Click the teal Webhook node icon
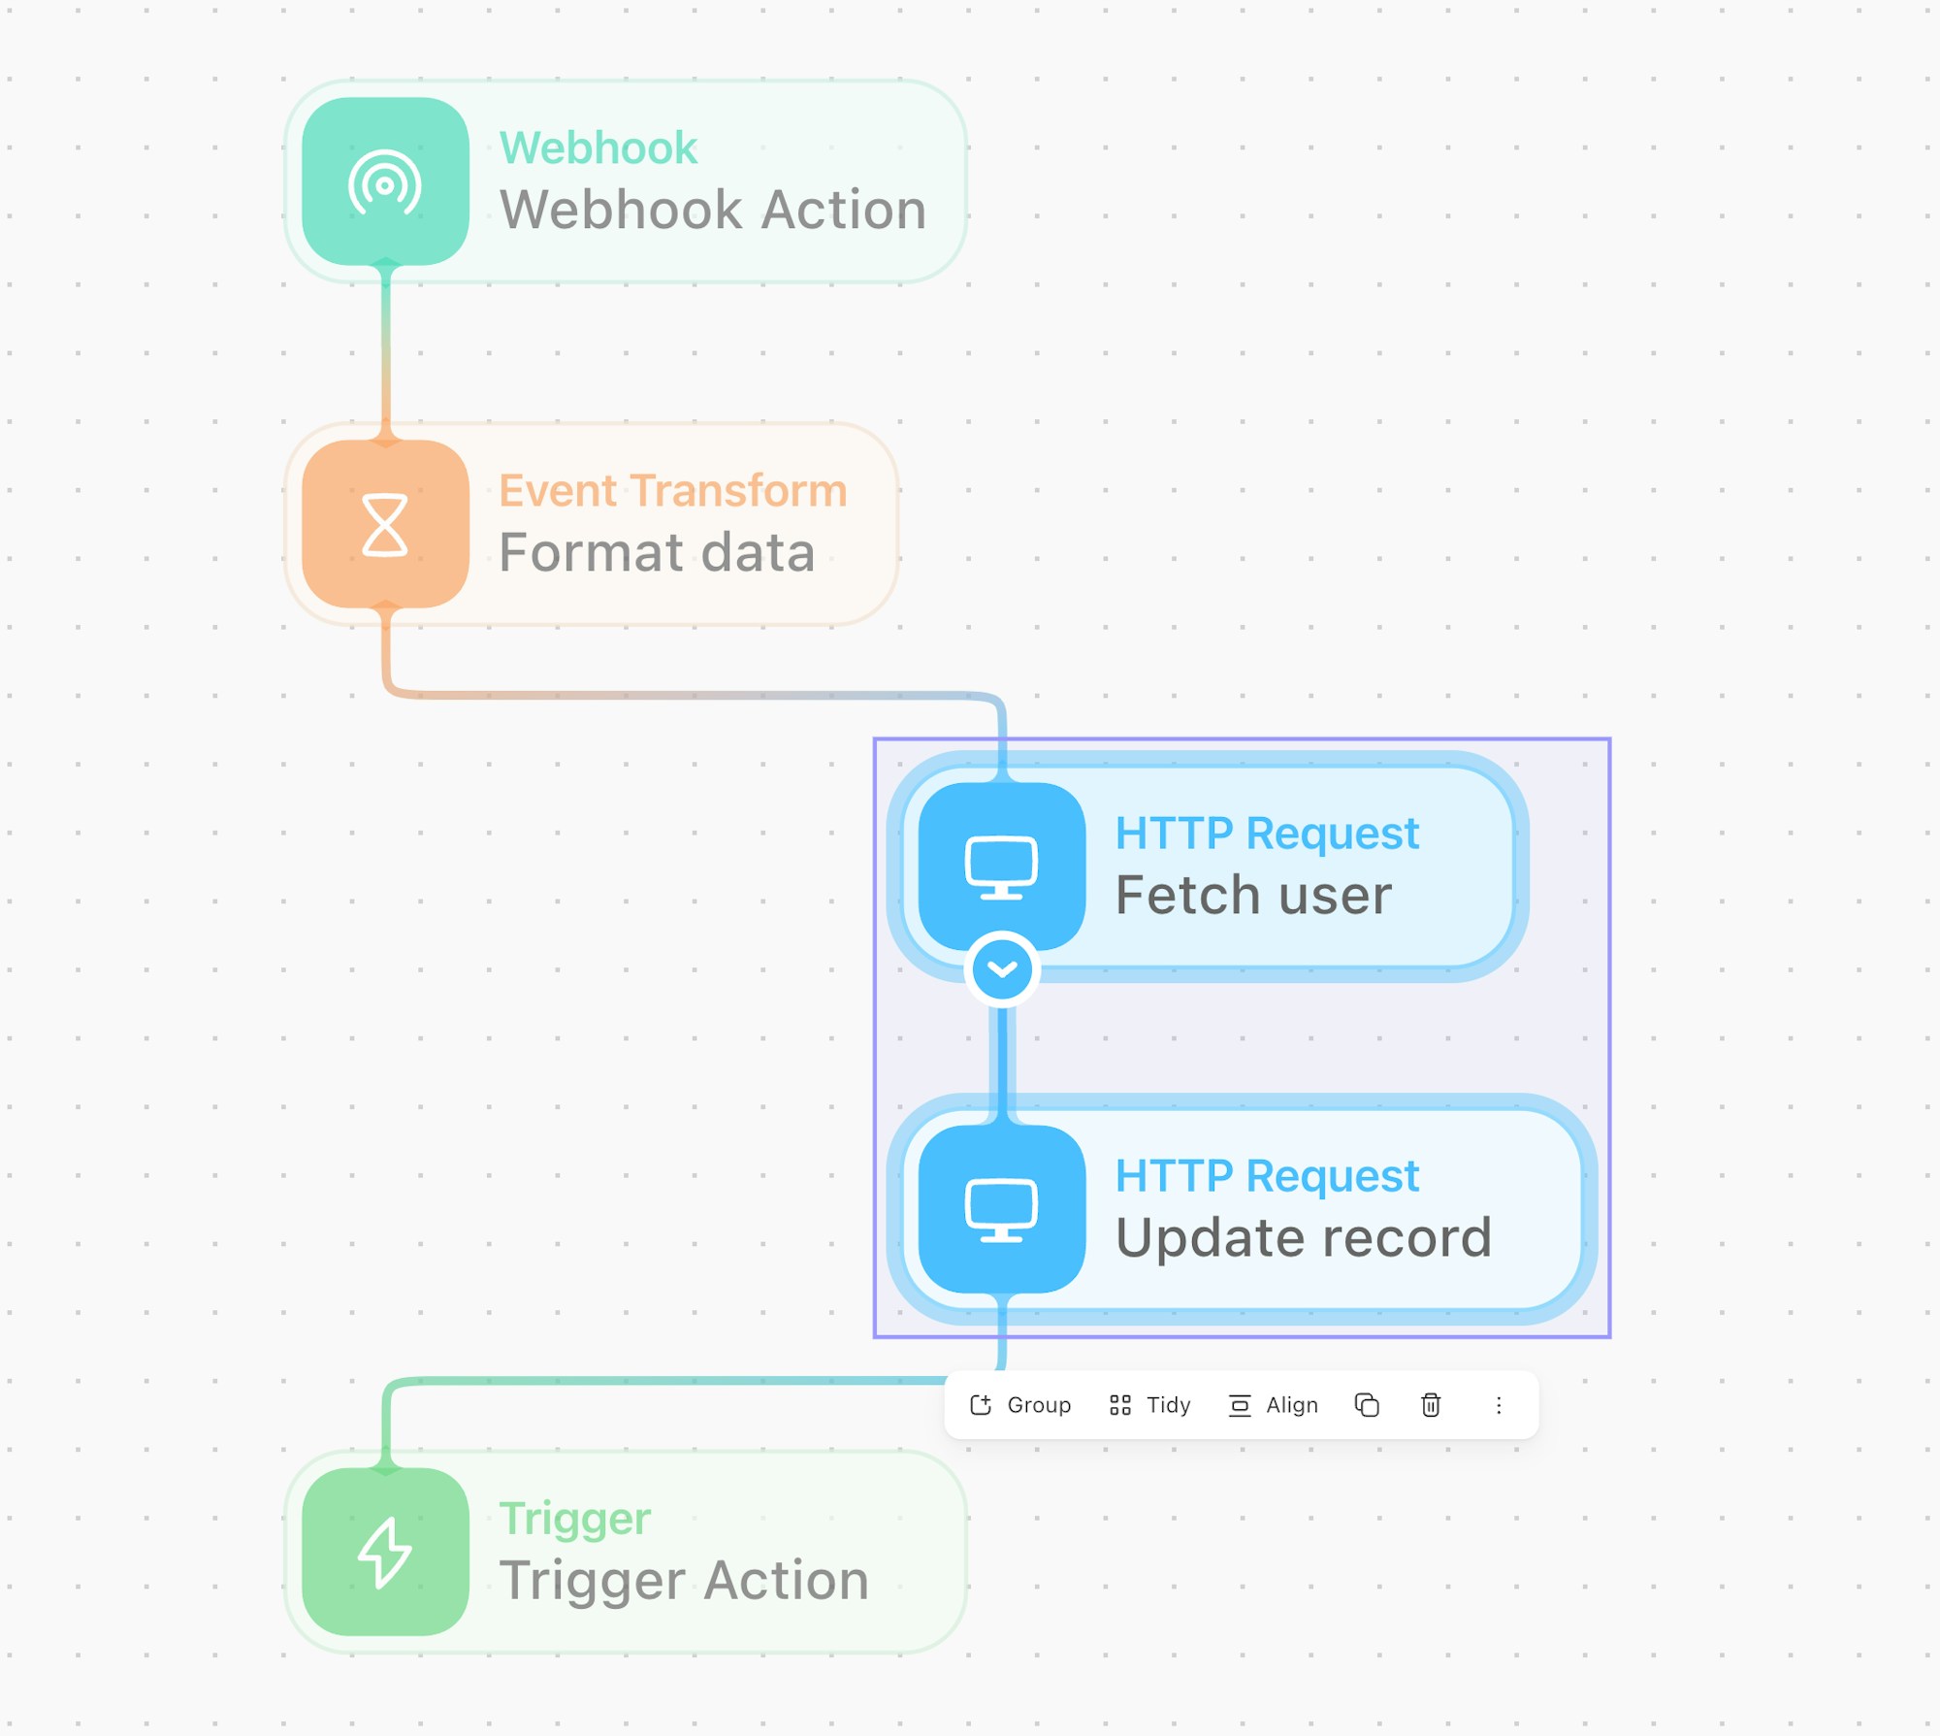click(x=385, y=181)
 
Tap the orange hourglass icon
click(x=385, y=524)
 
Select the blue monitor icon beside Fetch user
click(x=1001, y=867)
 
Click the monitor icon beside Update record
click(x=1001, y=1209)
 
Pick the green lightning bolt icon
click(x=385, y=1552)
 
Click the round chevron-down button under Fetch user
click(x=1002, y=968)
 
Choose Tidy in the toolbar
click(x=1149, y=1405)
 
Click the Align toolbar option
click(x=1273, y=1405)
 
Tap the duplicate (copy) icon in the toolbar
click(x=1367, y=1405)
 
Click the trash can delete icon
click(x=1431, y=1405)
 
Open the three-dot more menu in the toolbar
click(x=1499, y=1405)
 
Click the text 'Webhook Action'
click(x=713, y=210)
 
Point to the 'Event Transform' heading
click(x=673, y=491)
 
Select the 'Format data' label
click(x=657, y=552)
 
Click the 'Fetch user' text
click(x=1253, y=895)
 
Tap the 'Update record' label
click(x=1303, y=1238)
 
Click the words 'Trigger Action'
click(x=684, y=1581)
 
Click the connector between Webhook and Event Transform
click(x=386, y=352)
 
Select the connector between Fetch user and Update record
click(x=1002, y=1065)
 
